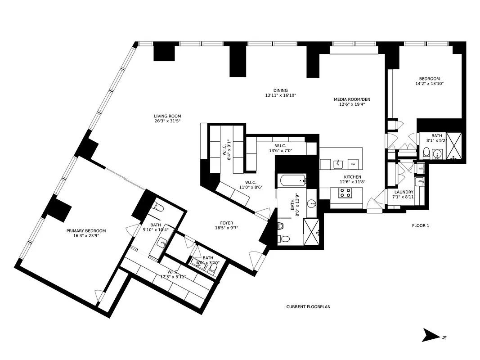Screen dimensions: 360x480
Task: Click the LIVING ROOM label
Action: [167, 116]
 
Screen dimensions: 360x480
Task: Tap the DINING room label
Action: [280, 90]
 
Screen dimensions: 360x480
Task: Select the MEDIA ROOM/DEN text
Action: [352, 99]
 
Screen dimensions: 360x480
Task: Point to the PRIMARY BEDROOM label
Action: [86, 231]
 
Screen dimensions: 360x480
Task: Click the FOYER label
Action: [226, 222]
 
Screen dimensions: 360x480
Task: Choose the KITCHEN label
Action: [352, 177]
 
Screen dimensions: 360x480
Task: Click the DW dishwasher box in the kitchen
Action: [354, 164]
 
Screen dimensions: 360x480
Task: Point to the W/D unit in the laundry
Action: [421, 169]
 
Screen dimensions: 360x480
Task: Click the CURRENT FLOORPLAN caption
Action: [308, 307]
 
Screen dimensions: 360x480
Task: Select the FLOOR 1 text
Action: [421, 225]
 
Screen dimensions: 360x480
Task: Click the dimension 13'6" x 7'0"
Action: [281, 151]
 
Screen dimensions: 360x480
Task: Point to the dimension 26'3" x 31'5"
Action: [167, 121]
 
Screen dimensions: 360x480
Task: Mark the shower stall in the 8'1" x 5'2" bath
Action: [453, 147]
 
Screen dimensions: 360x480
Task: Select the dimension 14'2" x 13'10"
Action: [430, 83]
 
